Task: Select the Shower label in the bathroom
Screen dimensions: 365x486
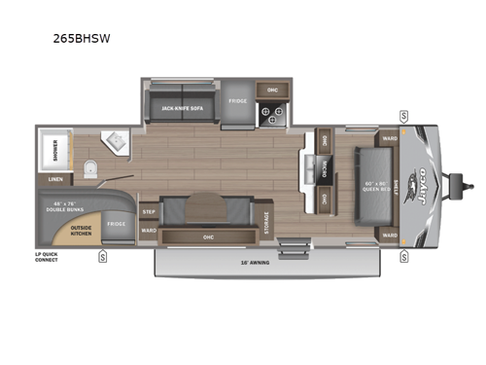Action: coord(49,154)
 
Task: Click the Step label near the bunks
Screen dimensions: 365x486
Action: coord(149,211)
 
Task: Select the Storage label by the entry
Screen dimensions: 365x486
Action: coord(265,223)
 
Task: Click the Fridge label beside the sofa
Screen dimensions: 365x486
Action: coord(238,101)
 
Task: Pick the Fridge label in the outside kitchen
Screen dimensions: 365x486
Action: coord(116,224)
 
